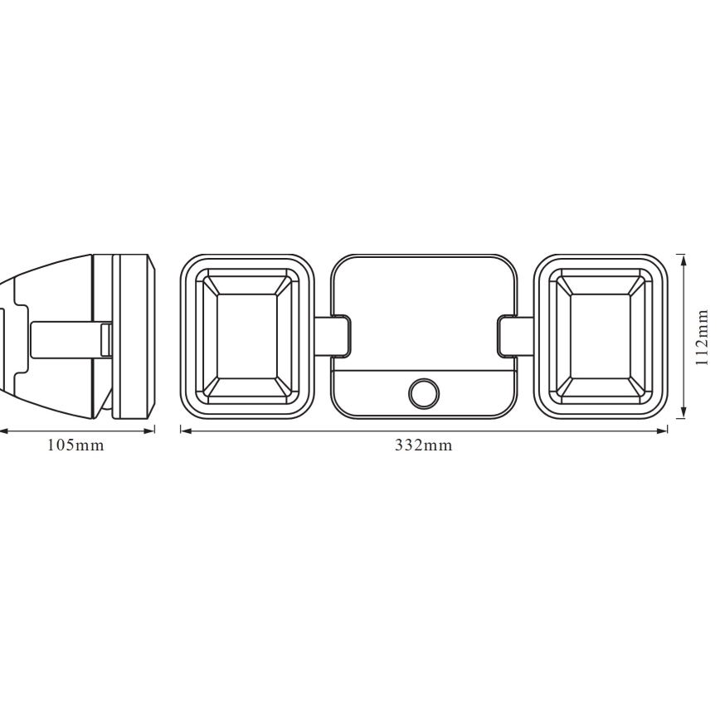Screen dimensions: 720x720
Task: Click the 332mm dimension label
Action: pos(423,445)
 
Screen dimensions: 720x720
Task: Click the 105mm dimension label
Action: pos(75,445)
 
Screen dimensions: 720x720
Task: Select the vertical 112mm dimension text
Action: pos(702,337)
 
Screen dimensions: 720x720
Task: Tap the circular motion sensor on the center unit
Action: pos(425,392)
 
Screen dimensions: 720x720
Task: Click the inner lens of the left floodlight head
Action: pos(246,337)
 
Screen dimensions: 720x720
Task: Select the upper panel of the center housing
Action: pos(424,311)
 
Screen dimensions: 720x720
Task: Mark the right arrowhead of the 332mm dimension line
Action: pos(664,431)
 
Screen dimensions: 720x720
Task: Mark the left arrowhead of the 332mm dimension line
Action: pos(185,431)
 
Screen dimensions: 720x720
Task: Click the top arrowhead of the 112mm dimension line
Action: pos(683,259)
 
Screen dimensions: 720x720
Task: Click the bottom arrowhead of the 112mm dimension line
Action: pos(683,415)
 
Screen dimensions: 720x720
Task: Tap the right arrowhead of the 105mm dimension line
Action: pos(151,431)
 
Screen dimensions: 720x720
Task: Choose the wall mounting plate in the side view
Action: pos(133,337)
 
